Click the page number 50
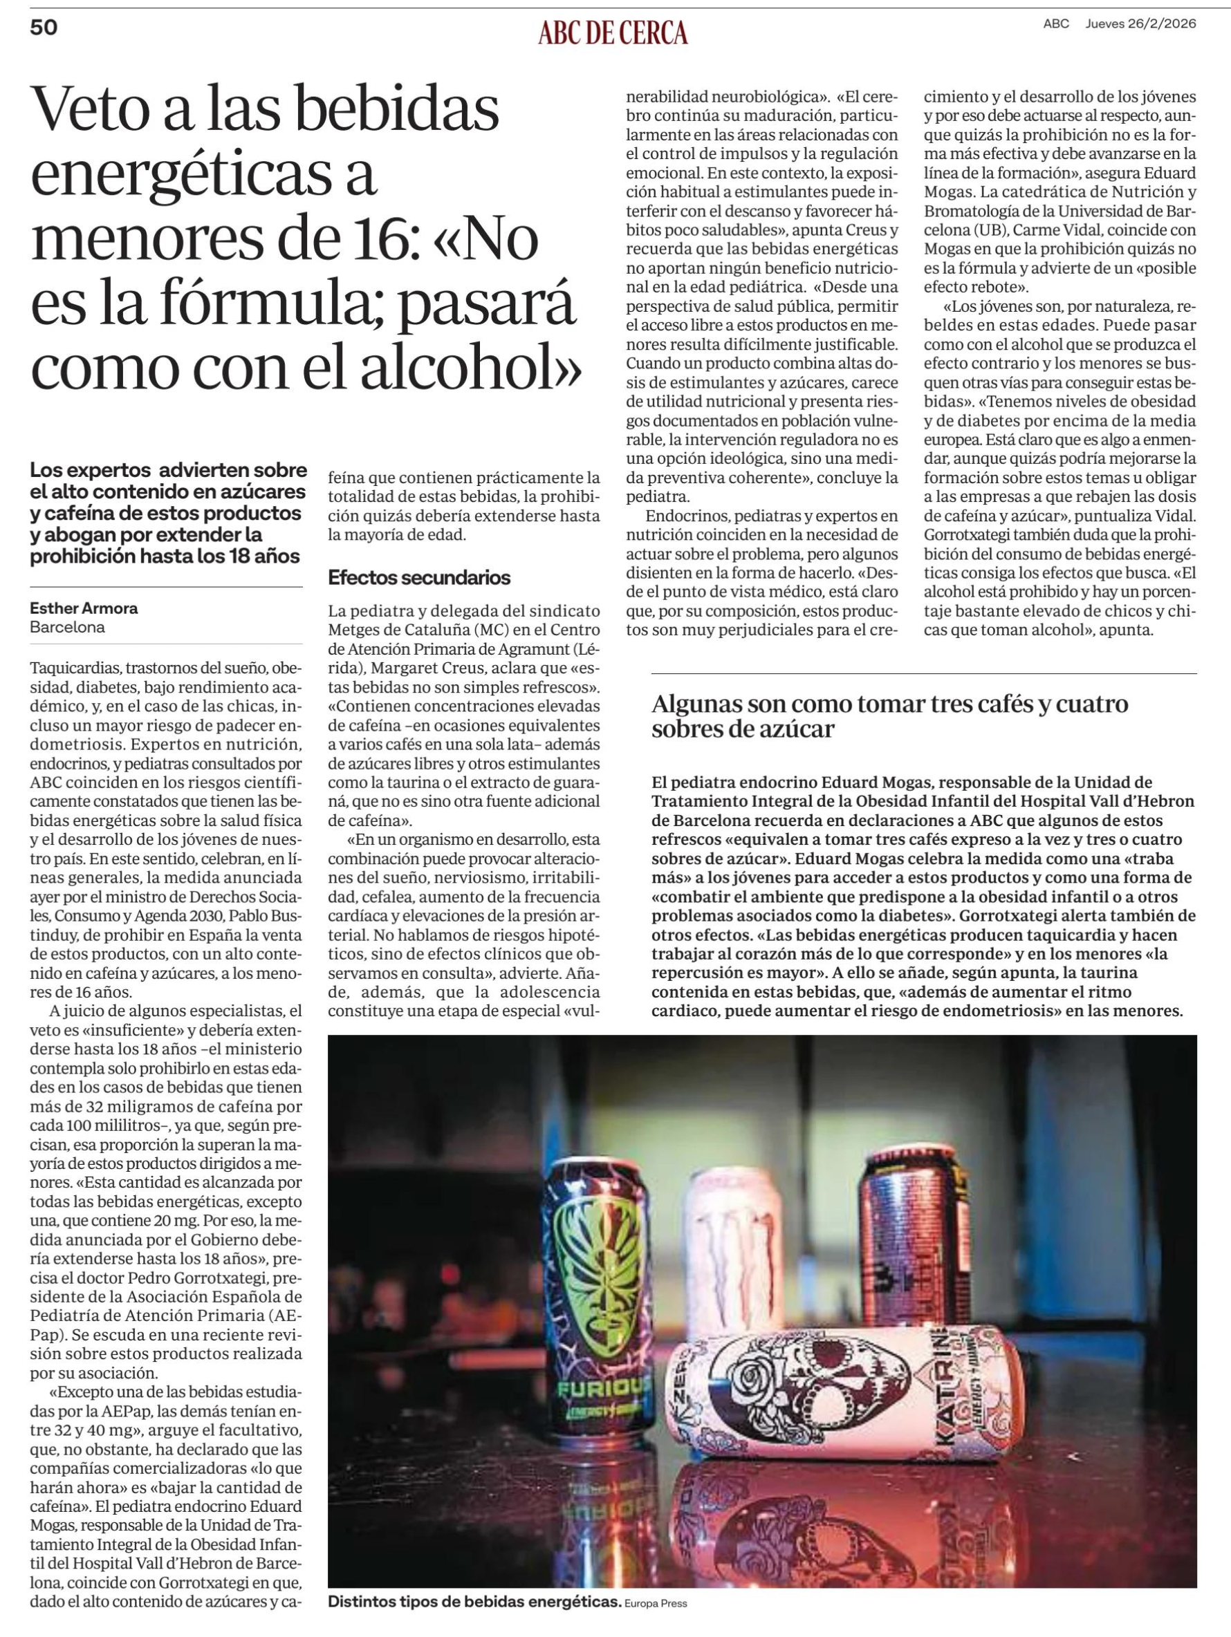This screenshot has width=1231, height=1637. tap(44, 28)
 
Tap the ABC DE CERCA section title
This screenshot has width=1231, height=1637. tap(613, 33)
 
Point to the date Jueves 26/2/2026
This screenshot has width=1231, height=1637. tap(1140, 24)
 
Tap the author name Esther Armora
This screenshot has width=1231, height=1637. tap(84, 608)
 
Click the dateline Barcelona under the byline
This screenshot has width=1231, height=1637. tap(67, 628)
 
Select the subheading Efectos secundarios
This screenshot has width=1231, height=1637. tap(419, 578)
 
